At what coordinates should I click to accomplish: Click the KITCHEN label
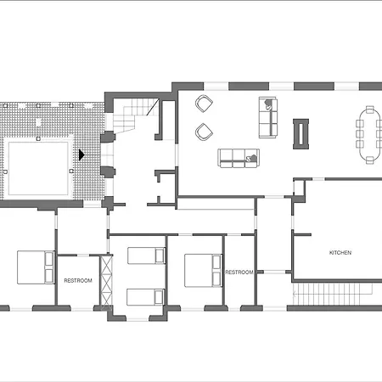340,253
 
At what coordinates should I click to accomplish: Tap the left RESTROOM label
77,281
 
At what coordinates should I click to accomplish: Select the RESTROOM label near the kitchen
239,272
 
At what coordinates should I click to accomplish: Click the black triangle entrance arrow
81,155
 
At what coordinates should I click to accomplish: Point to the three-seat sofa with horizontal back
239,157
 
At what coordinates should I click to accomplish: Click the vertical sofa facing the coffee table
268,116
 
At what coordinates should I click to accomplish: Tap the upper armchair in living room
204,104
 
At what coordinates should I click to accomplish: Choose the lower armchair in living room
204,132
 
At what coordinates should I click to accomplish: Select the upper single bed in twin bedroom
145,256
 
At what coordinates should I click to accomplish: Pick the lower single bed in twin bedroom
145,296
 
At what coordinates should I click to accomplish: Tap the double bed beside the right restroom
204,270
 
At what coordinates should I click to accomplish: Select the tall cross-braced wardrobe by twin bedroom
106,282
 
